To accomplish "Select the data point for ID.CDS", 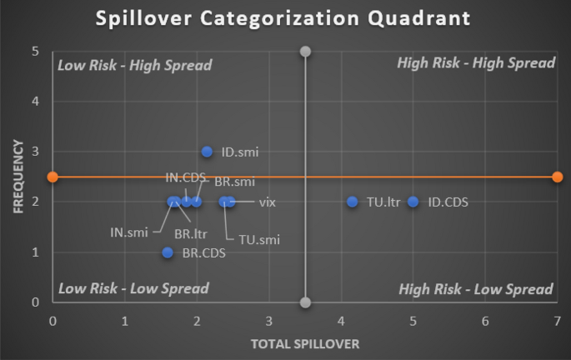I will [413, 202].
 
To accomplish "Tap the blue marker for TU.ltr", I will [353, 202].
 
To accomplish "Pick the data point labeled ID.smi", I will [208, 152].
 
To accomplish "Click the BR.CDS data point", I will [168, 252].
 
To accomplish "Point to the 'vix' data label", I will [267, 202].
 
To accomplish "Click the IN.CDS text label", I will [184, 177].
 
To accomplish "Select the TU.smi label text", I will [259, 240].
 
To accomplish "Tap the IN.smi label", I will [129, 232].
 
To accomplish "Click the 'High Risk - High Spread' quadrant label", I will [475, 63].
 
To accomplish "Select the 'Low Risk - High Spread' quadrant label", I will [134, 65].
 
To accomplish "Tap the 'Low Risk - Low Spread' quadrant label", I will [133, 288].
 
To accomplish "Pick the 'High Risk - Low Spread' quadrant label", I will [476, 289].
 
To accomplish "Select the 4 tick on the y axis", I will [35, 102].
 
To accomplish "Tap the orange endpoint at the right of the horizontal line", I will [557, 177].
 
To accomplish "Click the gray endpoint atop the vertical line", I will [305, 52].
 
